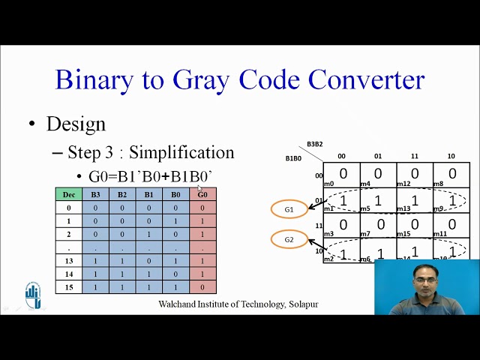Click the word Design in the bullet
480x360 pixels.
coord(76,124)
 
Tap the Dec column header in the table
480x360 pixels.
coord(69,194)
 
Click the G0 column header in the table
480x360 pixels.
coord(202,194)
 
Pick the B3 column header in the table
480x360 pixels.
coord(95,194)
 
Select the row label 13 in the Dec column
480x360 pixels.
coord(69,260)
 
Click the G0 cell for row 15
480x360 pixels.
coord(202,286)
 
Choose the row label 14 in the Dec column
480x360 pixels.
coord(69,274)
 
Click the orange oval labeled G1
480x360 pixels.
coord(289,209)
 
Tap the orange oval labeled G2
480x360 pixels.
coord(289,240)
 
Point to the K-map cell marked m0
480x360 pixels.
coord(341,175)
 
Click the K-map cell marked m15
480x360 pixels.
coord(415,225)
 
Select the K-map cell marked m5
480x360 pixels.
coord(378,200)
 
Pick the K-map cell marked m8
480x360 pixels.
coord(451,175)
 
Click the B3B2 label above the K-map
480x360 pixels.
coord(315,144)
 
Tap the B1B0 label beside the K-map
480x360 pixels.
coord(293,159)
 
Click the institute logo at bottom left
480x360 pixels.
coord(33,295)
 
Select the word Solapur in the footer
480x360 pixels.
coord(304,304)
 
